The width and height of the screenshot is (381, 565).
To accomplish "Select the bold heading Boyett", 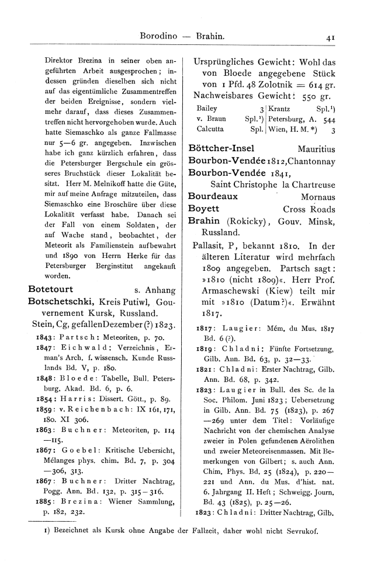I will click(x=204, y=208).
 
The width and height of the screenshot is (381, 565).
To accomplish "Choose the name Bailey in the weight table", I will click(x=207, y=109).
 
